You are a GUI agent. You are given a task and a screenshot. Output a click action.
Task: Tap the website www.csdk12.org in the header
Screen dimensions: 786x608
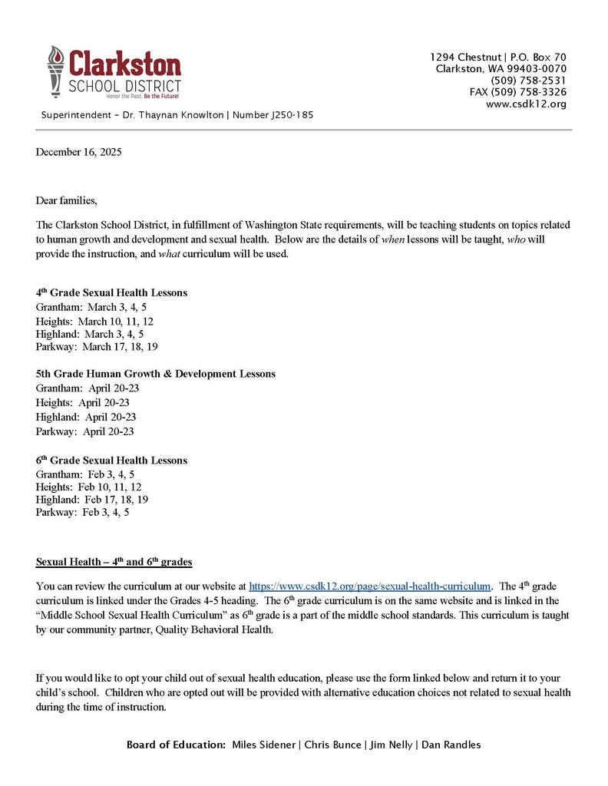[526, 104]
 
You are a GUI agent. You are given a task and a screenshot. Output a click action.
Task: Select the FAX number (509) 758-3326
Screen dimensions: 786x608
[518, 92]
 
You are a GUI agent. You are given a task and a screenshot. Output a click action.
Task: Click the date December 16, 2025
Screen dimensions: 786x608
[78, 152]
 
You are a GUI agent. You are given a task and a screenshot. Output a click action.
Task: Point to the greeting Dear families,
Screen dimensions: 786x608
[67, 201]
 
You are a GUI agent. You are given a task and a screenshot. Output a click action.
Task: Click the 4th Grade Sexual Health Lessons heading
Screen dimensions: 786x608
[111, 293]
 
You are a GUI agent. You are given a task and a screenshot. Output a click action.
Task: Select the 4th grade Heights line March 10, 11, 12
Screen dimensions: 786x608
[94, 321]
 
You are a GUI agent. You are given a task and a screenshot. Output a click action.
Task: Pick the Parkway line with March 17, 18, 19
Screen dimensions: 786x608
[97, 347]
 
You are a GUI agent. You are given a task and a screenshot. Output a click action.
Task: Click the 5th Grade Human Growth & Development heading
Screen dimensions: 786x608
[155, 374]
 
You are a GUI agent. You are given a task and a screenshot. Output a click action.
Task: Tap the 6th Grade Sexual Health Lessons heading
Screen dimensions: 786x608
[111, 461]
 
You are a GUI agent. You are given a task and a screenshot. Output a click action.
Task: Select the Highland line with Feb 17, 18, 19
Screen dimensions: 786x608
[92, 499]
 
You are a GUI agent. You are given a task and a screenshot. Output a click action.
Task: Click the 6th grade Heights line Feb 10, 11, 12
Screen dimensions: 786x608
[88, 487]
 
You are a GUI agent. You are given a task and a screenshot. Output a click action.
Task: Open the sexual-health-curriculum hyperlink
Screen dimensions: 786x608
[369, 587]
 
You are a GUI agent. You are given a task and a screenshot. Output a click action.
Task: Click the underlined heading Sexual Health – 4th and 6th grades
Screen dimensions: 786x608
[114, 562]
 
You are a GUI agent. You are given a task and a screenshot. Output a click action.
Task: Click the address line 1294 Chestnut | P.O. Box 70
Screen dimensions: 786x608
[497, 58]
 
